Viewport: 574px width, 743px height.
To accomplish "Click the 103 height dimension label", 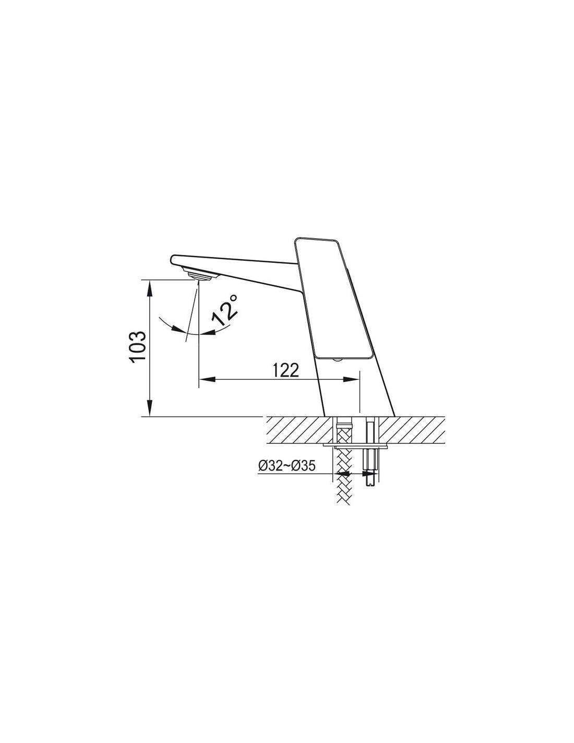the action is click(139, 345).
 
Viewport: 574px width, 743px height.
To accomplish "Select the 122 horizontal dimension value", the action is click(286, 370).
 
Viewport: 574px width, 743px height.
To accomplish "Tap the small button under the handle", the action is click(337, 360).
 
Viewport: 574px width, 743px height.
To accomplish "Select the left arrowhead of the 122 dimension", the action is click(207, 379).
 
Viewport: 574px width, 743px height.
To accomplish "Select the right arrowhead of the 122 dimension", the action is click(351, 379).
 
